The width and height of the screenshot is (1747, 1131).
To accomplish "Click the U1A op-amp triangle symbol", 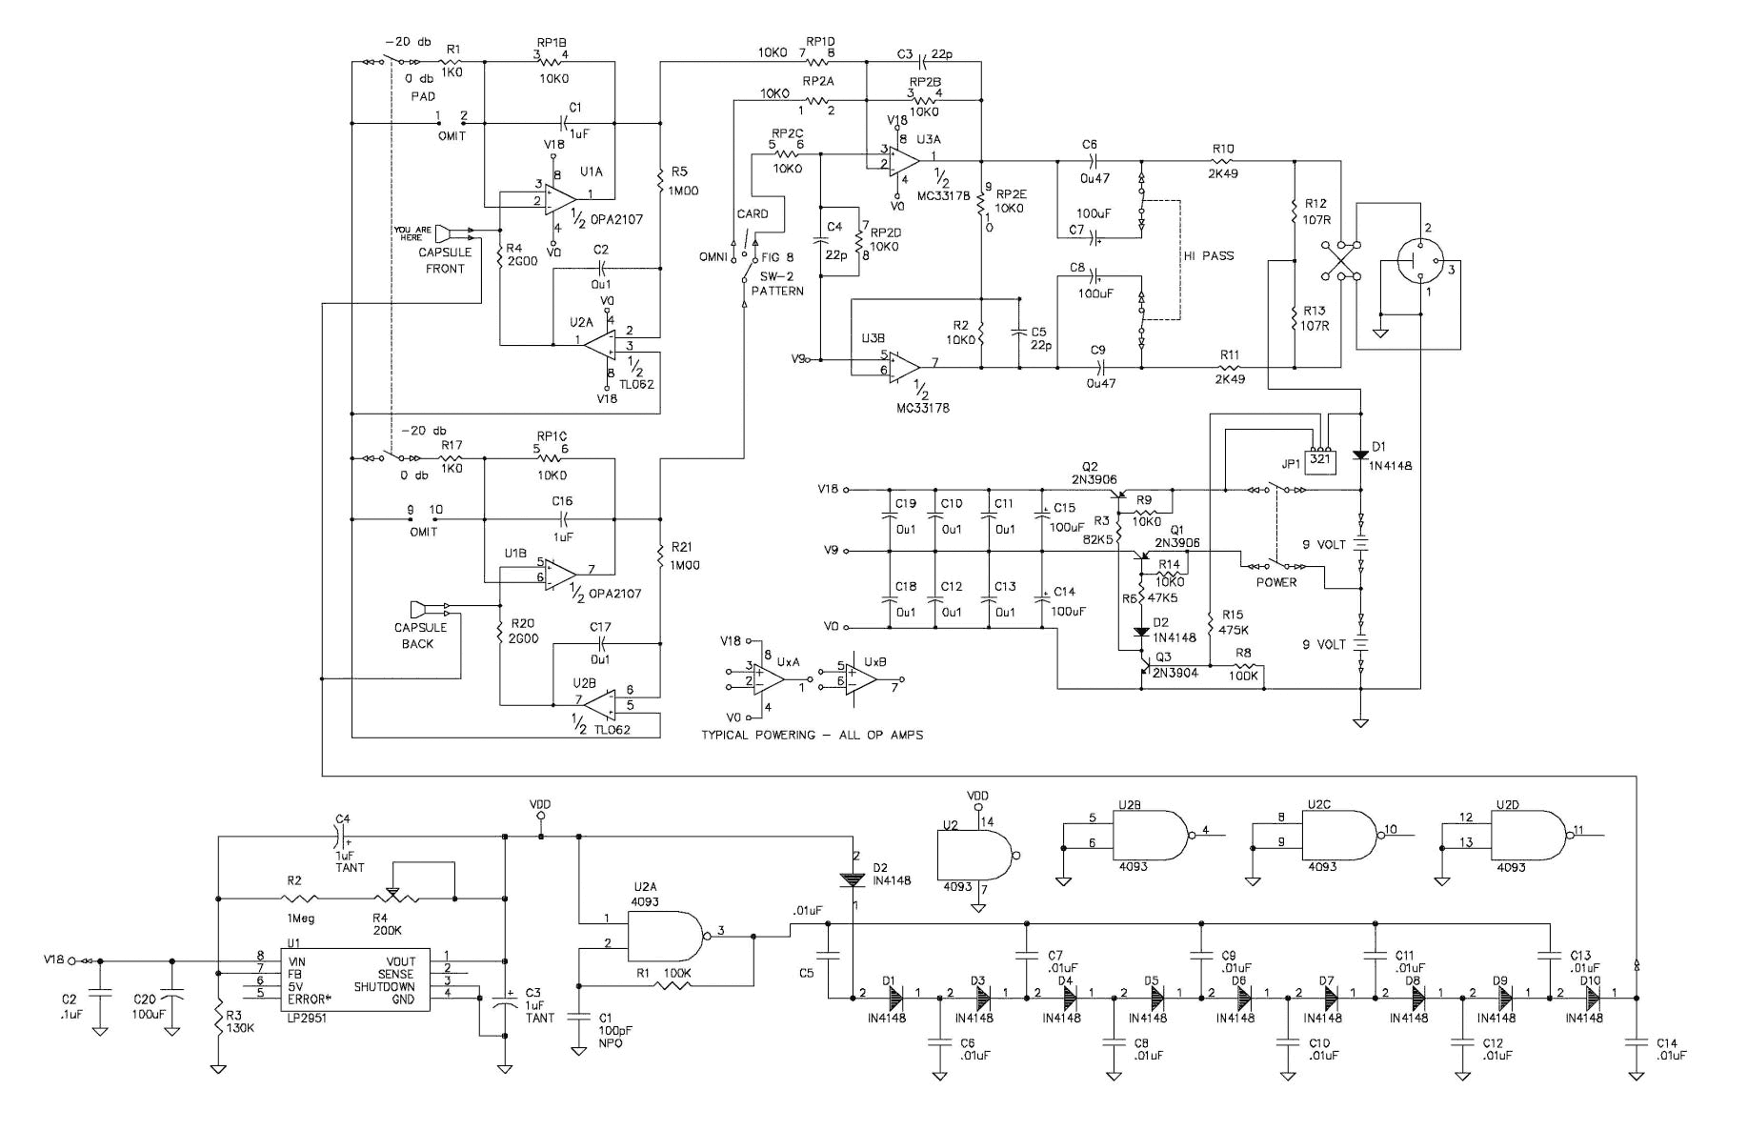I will pyautogui.click(x=561, y=196).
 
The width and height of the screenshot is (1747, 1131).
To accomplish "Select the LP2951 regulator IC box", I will pyautogui.click(x=354, y=980).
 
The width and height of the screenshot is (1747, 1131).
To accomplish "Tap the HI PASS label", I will pyautogui.click(x=1209, y=255).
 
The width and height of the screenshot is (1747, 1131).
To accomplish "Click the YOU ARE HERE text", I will pyautogui.click(x=413, y=233).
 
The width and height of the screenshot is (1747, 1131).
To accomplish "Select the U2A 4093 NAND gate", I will pyautogui.click(x=665, y=936).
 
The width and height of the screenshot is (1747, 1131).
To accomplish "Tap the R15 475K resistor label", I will pyautogui.click(x=1232, y=622).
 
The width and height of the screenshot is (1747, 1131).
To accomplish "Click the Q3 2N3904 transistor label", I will pyautogui.click(x=1175, y=665).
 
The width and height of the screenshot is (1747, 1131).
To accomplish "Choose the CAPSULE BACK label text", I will pyautogui.click(x=420, y=636).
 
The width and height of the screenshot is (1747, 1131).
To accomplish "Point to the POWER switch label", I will pyautogui.click(x=1275, y=582).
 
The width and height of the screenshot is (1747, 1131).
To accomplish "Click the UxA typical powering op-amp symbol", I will pyautogui.click(x=768, y=678).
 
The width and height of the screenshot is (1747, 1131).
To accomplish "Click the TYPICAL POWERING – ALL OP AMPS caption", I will pyautogui.click(x=812, y=735).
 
